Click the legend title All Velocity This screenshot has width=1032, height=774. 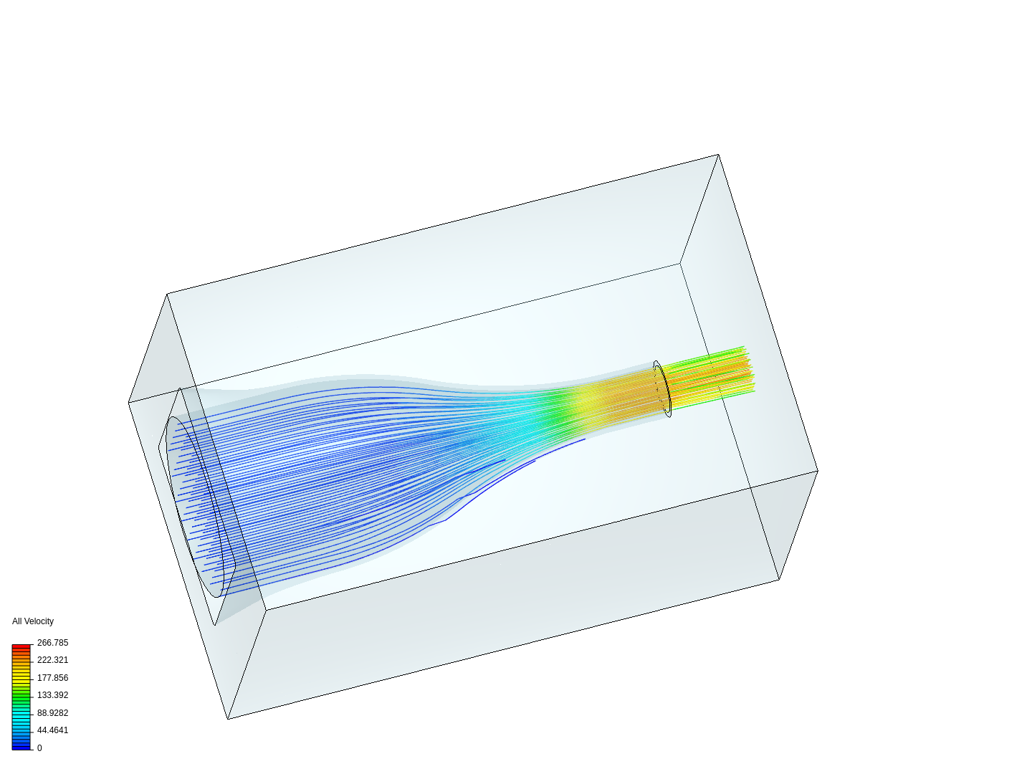click(33, 621)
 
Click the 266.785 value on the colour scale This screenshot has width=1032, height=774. click(52, 642)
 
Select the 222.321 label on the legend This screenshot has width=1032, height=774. click(52, 660)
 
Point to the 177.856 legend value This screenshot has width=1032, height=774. click(52, 678)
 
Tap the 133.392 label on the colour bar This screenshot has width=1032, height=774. click(52, 695)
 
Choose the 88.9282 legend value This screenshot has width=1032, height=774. click(52, 713)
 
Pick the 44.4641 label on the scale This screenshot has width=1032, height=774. click(52, 730)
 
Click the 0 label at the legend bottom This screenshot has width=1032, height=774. click(39, 748)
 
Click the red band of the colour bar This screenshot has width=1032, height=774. click(21, 649)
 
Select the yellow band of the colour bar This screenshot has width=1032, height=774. click(21, 677)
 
